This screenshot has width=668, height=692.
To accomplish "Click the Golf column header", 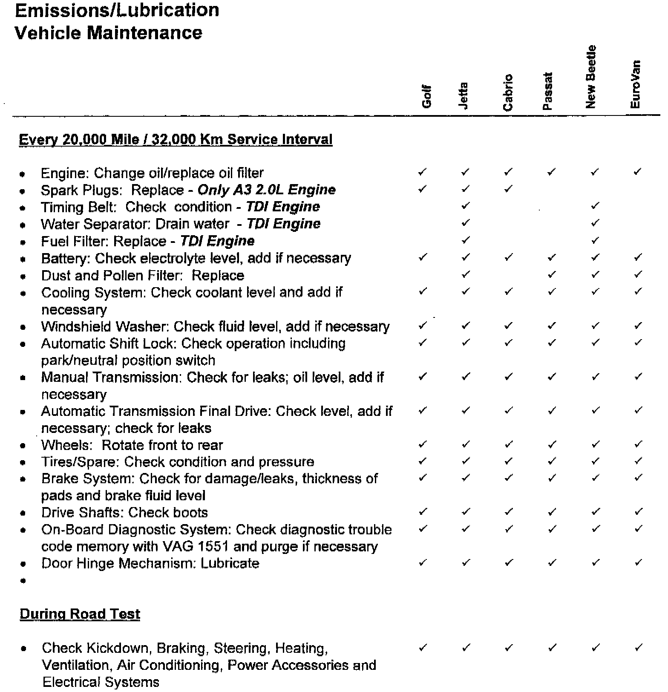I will pos(426,96).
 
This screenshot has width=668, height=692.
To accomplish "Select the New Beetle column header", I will pos(590,77).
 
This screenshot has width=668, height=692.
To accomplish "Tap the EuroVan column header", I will pos(635,84).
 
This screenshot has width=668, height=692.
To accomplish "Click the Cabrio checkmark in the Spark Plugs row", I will pos(508,189).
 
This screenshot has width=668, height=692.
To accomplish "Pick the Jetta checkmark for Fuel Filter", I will pos(466,240).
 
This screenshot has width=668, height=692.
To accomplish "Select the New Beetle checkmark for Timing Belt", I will pos(595,206).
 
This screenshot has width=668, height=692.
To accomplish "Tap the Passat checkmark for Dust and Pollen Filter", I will pos(552,274).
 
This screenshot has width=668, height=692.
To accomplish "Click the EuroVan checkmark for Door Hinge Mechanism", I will pos(638,562).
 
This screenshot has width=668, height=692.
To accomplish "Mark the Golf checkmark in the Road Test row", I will pos(423,648).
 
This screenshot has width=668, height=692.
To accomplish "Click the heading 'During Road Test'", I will pos(80,614).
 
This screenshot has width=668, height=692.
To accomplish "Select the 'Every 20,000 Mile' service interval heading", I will pos(176,139).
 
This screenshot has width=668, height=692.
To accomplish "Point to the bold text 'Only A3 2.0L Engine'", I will pos(267,190).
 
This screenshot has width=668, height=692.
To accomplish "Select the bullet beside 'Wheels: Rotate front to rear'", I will pos(23,446).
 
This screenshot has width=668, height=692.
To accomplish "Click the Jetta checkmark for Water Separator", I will pos(466,222).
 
